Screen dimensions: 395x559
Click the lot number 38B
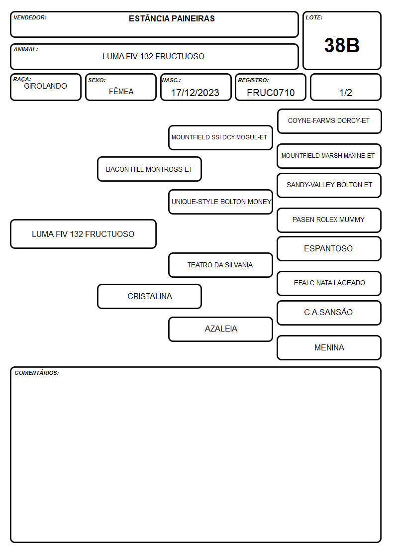(x=342, y=45)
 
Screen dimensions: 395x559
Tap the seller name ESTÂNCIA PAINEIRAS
(x=172, y=18)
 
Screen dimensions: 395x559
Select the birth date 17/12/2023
(x=195, y=93)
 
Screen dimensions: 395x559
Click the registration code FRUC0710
(x=271, y=93)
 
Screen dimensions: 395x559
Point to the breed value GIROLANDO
(x=45, y=86)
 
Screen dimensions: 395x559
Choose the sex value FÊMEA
(x=121, y=91)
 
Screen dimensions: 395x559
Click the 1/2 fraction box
(x=345, y=87)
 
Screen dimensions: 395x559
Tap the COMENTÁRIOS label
(x=37, y=373)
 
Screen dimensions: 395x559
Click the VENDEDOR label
(x=30, y=17)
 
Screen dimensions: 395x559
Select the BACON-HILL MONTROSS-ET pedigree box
(x=149, y=169)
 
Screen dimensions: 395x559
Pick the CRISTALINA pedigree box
(x=149, y=296)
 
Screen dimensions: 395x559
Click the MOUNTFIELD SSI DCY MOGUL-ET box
(x=220, y=137)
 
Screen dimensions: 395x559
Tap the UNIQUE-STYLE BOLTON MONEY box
(x=220, y=202)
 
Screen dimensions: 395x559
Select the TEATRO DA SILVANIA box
(x=220, y=265)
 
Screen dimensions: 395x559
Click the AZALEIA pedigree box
(x=220, y=329)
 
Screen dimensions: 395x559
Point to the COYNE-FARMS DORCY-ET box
(x=329, y=121)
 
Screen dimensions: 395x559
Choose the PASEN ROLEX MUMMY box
(x=329, y=220)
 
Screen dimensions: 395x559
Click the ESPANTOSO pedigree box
(x=329, y=248)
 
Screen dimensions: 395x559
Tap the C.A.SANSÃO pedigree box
(x=329, y=313)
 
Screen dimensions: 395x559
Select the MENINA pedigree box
(x=329, y=347)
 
